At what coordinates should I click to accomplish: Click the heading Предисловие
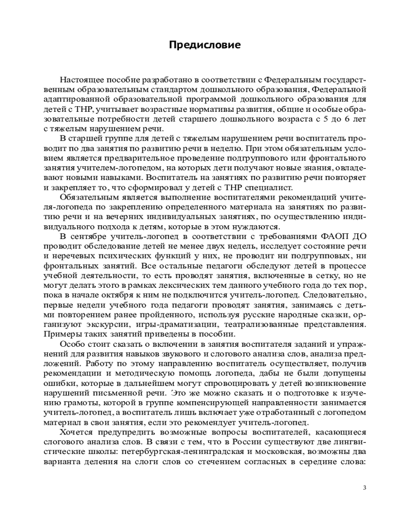tap(205, 45)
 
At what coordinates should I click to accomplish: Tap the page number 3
tap(364, 487)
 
